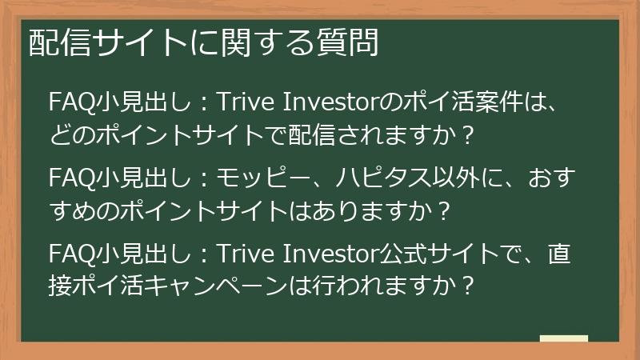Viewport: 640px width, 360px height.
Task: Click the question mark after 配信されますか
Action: (x=469, y=132)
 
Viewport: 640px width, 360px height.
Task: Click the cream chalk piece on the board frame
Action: (x=563, y=338)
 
